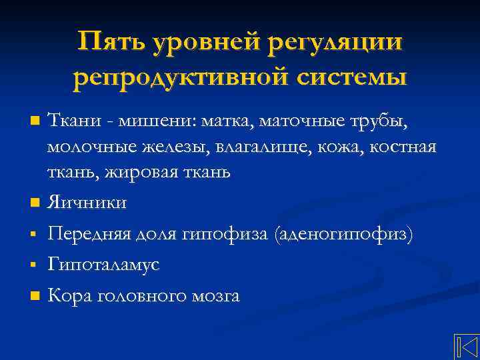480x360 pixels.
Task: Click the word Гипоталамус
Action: point(103,265)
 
